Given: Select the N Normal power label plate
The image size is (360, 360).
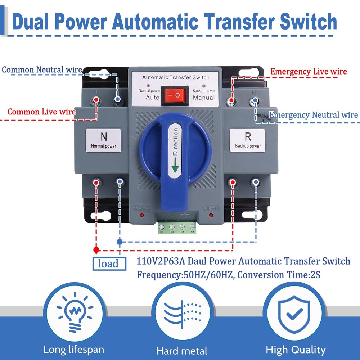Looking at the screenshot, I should coord(104,140).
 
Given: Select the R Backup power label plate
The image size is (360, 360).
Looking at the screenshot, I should coord(247,140).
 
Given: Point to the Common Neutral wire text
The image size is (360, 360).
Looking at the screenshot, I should coord(42,69).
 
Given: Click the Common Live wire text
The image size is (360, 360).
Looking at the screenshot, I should coord(41,112).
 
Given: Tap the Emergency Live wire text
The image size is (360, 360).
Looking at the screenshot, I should coord(309,71).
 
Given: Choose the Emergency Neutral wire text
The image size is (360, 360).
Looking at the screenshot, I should coord(314,115).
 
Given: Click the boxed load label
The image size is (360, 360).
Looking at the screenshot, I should coord(108,264).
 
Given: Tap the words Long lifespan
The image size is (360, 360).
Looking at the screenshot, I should coord(74,349).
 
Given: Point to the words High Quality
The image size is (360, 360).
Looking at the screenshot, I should coord(296,350).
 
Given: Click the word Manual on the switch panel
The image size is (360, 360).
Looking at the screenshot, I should coord(204,98).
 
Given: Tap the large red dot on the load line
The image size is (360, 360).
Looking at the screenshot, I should coord(96,249).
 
